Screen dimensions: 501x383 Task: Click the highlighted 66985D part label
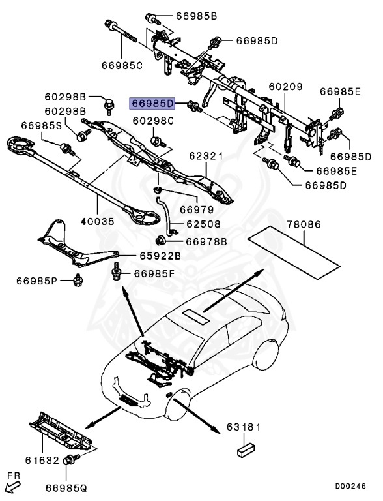(153, 103)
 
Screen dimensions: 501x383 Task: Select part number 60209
(287, 85)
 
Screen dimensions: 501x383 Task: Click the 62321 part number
(206, 157)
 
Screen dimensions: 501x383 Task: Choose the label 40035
(97, 221)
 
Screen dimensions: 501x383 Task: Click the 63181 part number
(244, 427)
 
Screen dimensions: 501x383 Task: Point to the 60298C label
(154, 121)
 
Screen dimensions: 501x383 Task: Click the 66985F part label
(154, 273)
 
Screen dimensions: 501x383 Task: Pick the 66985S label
(41, 125)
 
